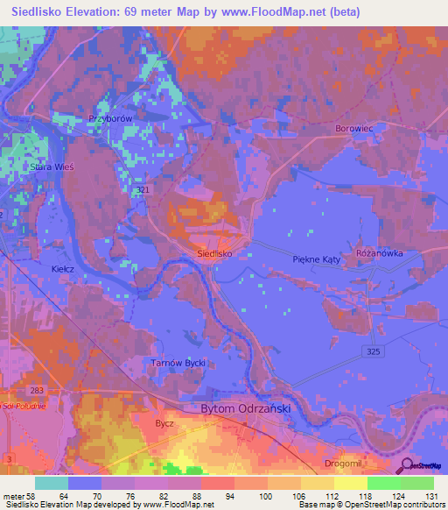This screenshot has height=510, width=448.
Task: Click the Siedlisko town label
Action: coord(213,252)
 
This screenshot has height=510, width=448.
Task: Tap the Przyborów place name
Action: coord(109,118)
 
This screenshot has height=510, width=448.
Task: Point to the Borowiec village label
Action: coord(354,129)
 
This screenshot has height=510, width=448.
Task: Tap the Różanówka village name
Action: coord(379,252)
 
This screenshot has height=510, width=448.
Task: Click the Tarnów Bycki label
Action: coord(178,362)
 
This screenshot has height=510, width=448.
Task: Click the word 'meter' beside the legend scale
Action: coord(13,495)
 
